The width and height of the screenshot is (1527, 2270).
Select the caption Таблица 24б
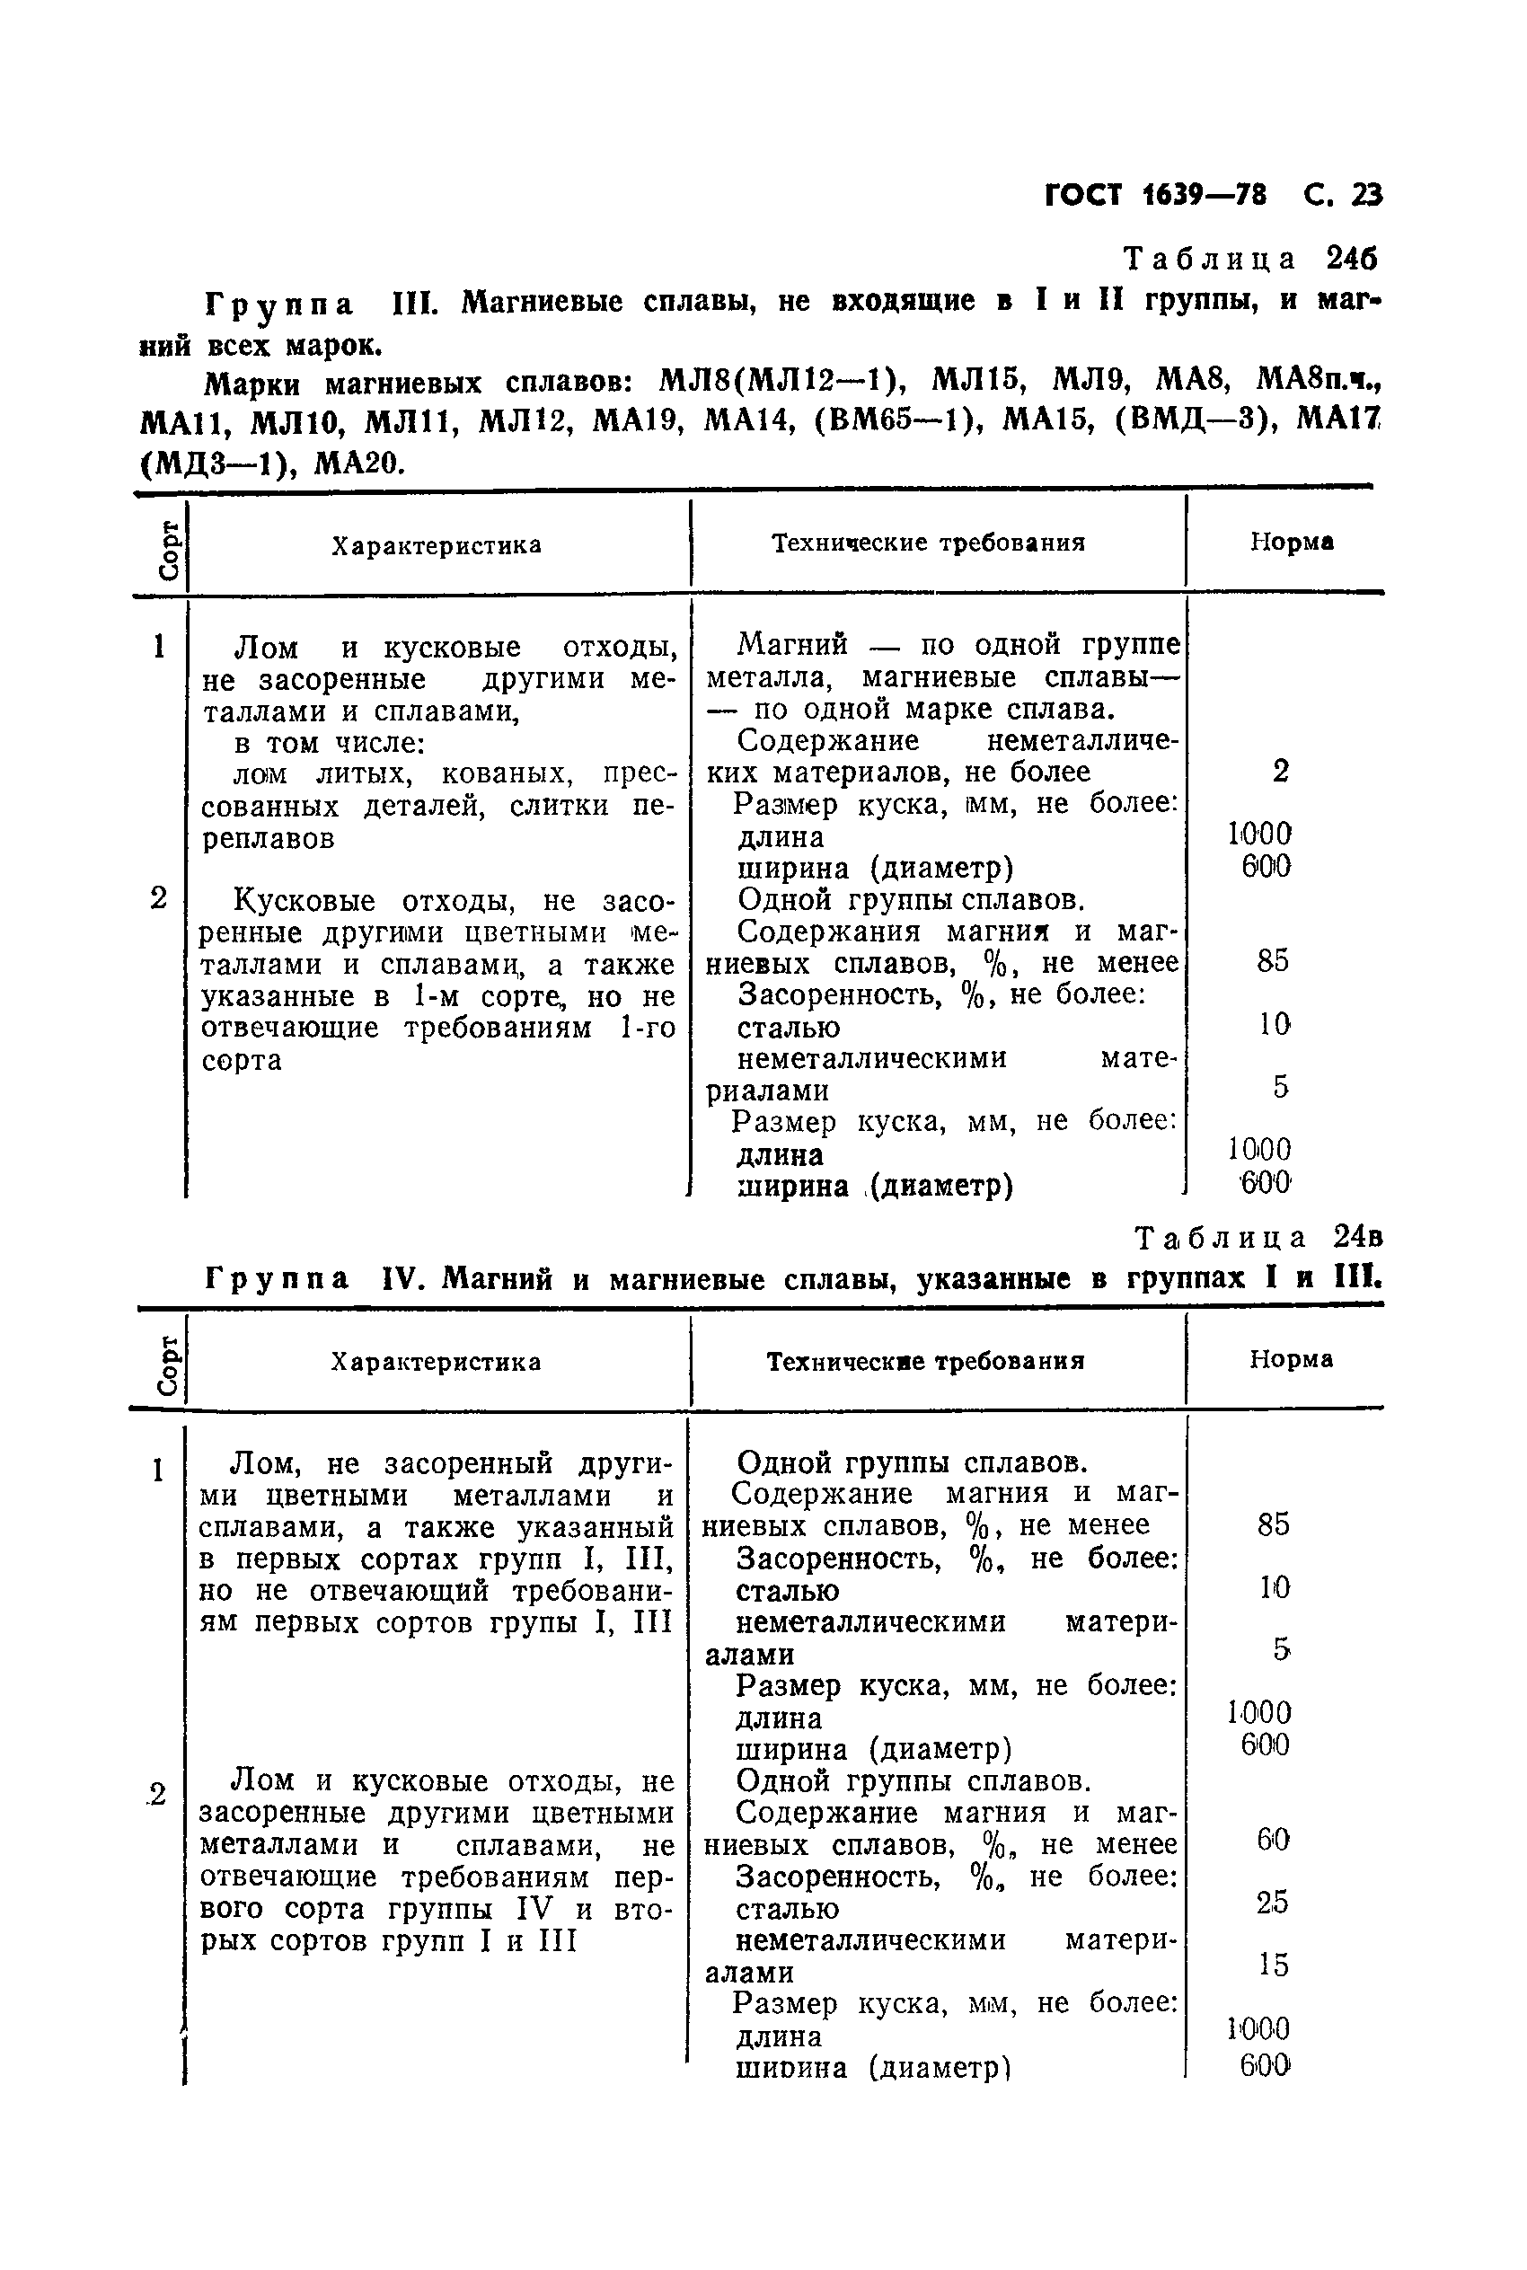(x=1250, y=259)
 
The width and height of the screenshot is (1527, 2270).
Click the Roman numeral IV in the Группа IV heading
(x=400, y=1277)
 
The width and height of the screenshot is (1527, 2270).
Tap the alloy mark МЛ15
(x=974, y=381)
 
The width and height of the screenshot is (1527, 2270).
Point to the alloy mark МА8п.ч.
(x=1319, y=381)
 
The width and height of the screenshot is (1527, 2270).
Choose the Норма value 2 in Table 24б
(x=1280, y=772)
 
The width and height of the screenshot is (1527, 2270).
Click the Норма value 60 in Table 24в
(x=1273, y=1840)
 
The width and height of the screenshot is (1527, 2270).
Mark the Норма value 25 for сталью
(x=1273, y=1902)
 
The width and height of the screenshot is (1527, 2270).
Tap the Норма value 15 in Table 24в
(x=1273, y=1965)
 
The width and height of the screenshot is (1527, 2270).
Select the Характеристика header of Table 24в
(x=436, y=1362)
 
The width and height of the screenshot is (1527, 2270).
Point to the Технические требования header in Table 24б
(x=928, y=543)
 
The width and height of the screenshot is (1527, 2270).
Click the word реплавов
(x=269, y=838)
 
